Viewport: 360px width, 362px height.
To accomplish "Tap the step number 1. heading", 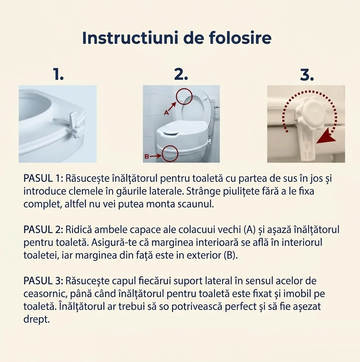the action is (58, 75).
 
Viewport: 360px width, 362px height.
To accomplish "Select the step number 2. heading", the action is (181, 75).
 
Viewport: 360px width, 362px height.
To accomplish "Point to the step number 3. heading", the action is (307, 75).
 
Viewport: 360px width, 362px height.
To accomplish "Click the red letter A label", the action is (166, 113).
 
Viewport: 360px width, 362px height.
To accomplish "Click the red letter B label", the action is (147, 156).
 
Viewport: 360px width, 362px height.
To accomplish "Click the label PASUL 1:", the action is (43, 179).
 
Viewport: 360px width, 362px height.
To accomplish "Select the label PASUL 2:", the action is (43, 230).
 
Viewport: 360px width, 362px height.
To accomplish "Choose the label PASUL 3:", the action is (43, 281).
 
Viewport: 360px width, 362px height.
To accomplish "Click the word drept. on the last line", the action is (37, 319).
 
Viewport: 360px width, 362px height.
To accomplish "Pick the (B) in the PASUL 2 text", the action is (231, 256).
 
